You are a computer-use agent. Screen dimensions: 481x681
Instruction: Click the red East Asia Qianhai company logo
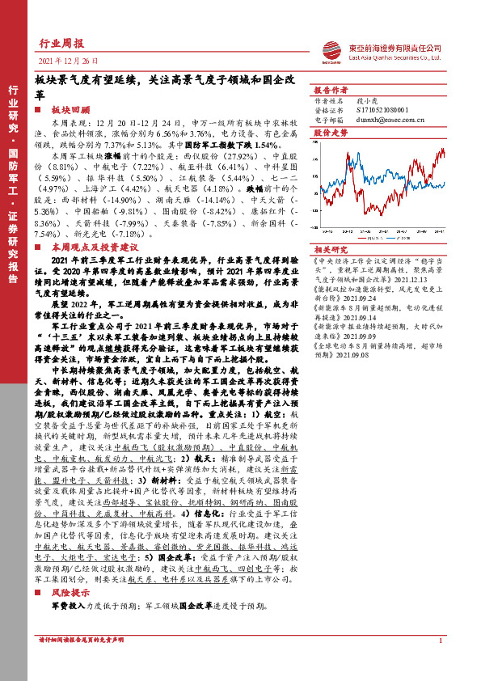(332, 51)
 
